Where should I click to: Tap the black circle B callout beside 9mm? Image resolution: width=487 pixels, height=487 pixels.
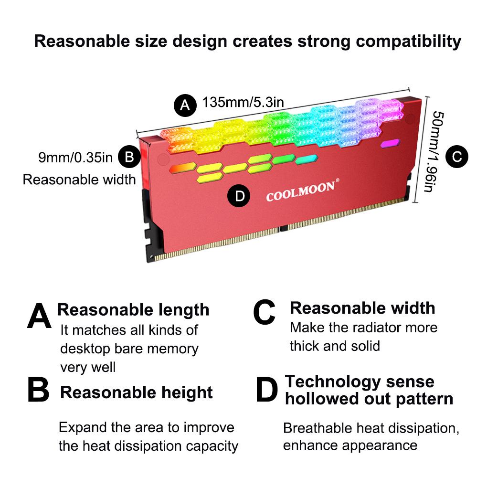129,157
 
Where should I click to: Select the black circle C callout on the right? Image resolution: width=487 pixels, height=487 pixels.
456,156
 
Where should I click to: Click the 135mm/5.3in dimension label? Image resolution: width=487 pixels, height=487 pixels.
243,102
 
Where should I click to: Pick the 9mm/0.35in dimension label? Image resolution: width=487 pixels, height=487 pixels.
75,157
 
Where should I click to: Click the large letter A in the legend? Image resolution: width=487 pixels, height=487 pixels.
39,316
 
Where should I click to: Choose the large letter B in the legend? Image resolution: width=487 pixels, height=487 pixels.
38,390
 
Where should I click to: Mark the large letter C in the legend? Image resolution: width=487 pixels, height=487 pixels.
264,313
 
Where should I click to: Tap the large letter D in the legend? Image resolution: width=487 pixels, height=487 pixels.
266,390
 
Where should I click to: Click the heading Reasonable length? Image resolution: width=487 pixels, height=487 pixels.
133,309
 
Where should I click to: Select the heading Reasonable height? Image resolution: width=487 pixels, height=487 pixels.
137,392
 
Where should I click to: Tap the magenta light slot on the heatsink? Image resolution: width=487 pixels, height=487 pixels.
390,143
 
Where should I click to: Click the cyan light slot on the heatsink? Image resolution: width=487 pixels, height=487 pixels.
306,160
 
